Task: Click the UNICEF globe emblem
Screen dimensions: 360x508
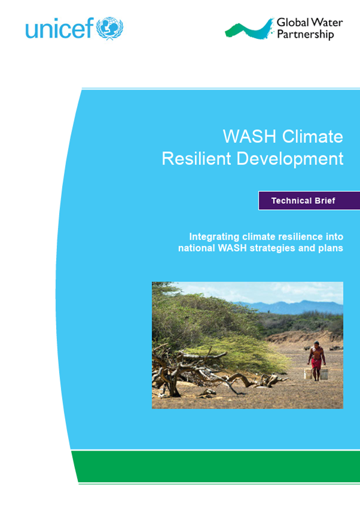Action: (x=109, y=28)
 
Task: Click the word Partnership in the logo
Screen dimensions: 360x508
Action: (x=305, y=34)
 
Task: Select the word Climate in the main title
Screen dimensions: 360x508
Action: (x=312, y=136)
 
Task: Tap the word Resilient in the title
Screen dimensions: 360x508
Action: (x=196, y=159)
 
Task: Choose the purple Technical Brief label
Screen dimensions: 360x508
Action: (x=309, y=201)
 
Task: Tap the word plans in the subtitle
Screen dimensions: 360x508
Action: (x=331, y=248)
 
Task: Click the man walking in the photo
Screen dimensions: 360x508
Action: (x=316, y=360)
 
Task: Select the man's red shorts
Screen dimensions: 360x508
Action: (x=316, y=363)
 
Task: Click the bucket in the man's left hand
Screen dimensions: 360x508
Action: (x=324, y=374)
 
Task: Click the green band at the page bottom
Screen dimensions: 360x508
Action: (x=216, y=466)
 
